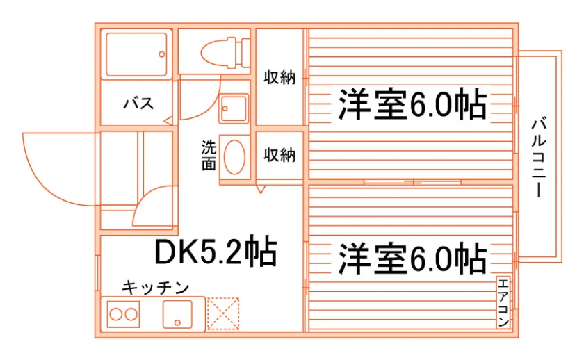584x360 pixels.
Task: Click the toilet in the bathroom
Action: coord(225,53)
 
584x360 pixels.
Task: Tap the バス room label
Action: coord(138,103)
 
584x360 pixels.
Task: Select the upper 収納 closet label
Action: coord(279,77)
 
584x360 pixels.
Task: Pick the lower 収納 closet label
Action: coord(279,155)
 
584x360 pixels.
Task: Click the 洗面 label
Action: coord(209,155)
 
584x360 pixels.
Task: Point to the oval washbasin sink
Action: coord(234,157)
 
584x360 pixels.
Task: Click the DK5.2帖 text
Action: coord(216,252)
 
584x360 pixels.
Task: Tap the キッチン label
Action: coord(156,287)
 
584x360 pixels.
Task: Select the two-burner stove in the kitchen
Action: coord(123,315)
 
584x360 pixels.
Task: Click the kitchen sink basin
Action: coord(178,315)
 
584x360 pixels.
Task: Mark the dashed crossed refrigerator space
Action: coord(222,313)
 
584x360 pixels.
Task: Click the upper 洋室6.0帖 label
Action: coord(412,104)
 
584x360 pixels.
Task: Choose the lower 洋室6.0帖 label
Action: coord(412,259)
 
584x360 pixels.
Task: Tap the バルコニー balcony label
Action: coord(539,157)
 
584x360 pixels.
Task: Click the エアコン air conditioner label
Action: coord(503,302)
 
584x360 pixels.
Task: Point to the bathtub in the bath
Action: coord(136,54)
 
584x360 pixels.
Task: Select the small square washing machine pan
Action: coord(234,108)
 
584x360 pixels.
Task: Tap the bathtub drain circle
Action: coord(161,54)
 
